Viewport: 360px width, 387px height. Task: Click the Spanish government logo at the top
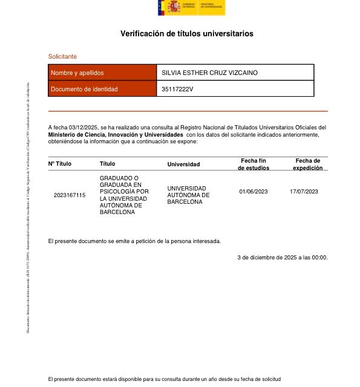pyautogui.click(x=191, y=8)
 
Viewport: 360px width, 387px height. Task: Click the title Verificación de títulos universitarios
pyautogui.click(x=187, y=34)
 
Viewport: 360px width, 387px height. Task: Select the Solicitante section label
pyautogui.click(x=62, y=56)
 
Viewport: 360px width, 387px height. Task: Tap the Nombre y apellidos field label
pyautogui.click(x=77, y=73)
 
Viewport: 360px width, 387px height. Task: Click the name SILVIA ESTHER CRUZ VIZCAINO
pyautogui.click(x=209, y=73)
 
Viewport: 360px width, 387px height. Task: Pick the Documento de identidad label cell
pyautogui.click(x=84, y=89)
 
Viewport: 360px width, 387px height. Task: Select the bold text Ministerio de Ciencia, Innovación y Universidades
pyautogui.click(x=115, y=134)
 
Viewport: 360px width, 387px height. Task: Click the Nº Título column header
pyautogui.click(x=60, y=164)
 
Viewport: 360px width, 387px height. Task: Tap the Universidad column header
pyautogui.click(x=183, y=164)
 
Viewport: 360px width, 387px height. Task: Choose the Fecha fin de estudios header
pyautogui.click(x=254, y=164)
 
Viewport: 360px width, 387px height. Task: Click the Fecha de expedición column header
pyautogui.click(x=307, y=164)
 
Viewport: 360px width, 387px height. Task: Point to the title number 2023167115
pyautogui.click(x=70, y=195)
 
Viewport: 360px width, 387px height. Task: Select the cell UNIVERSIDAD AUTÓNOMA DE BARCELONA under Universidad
pyautogui.click(x=188, y=195)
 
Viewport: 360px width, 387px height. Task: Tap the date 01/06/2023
pyautogui.click(x=254, y=192)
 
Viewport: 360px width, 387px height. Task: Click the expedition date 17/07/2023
pyautogui.click(x=304, y=192)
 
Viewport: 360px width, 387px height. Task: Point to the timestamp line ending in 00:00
pyautogui.click(x=282, y=258)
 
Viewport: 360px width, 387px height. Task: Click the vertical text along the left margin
pyautogui.click(x=27, y=207)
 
